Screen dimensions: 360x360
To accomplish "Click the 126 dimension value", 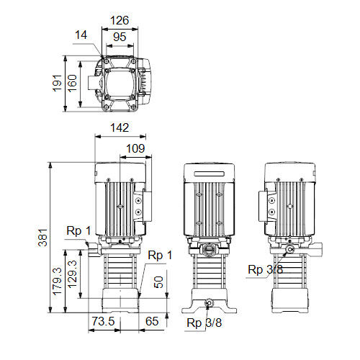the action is coord(120,20).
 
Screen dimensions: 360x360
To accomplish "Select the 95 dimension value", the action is coord(120,37).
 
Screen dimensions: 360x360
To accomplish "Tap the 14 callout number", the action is coord(81,35).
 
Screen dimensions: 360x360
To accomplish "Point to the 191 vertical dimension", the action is coord(58,83).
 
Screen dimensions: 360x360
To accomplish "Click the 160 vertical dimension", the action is coord(72,83).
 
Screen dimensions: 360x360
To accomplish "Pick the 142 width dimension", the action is coord(120,127).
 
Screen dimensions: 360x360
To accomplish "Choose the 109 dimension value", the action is coord(135,148).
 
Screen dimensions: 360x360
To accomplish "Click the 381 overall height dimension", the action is coord(43,238).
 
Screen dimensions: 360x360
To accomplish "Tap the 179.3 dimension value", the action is coord(58,281).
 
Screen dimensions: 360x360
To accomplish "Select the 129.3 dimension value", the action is coord(72,274).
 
